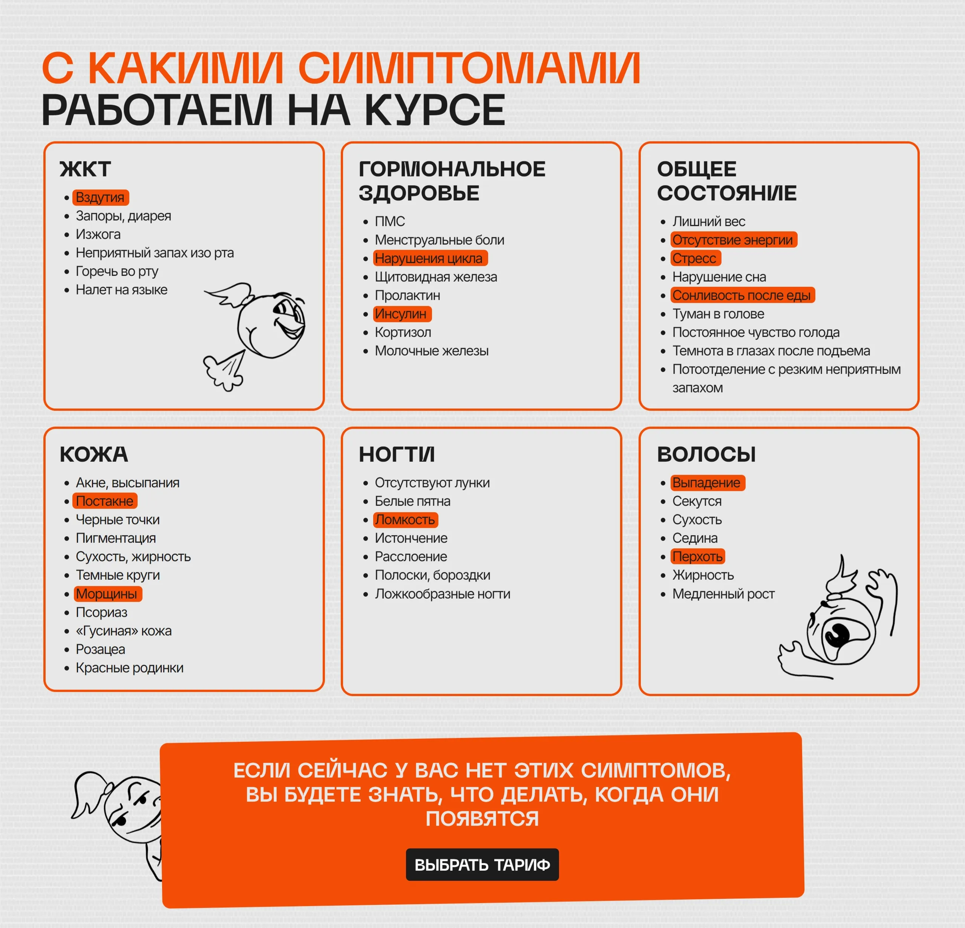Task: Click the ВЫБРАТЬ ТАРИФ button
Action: coord(482,865)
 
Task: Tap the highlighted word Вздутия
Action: coord(100,198)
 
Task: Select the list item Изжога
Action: coord(98,234)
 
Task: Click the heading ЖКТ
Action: coord(85,169)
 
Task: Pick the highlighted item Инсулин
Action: coord(401,314)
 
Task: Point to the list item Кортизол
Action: coord(403,332)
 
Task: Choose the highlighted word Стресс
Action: coord(694,259)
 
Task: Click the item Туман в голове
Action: coord(718,314)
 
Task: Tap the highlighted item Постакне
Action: coord(104,501)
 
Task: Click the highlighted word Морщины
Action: coord(106,594)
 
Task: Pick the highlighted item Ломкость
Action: coord(405,519)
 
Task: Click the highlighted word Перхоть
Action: coord(697,556)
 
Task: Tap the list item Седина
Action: coord(695,538)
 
